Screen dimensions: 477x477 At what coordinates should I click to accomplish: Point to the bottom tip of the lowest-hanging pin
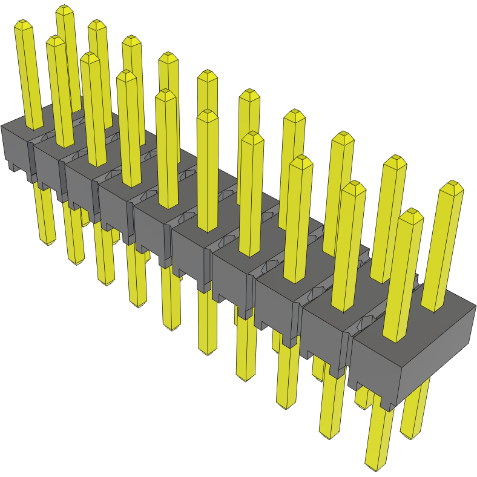tap(375, 467)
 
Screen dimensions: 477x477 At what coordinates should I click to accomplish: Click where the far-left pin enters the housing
tap(35, 128)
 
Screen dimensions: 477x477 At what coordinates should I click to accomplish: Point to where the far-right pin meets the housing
tap(434, 309)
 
